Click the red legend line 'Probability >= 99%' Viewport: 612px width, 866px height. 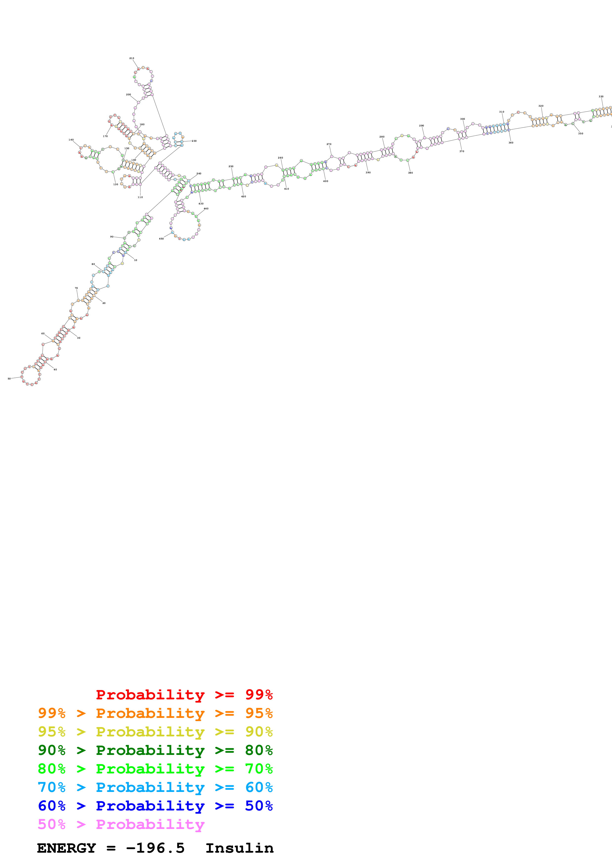pos(184,695)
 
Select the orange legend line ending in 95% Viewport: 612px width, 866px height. pos(155,713)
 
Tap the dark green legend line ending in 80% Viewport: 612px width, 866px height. pos(155,750)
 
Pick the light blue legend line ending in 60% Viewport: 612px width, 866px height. pos(155,787)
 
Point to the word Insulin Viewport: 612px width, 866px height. pos(239,848)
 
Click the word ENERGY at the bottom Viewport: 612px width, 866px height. pos(66,848)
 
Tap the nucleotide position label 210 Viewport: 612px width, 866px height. pos(132,59)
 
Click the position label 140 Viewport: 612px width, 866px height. pos(71,140)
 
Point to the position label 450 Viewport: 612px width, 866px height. pos(161,239)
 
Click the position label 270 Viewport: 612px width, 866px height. pos(329,144)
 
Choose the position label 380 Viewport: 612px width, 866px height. pos(410,173)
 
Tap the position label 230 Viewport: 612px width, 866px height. pos(194,141)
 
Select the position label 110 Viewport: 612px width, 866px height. pos(140,197)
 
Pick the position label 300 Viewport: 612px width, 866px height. pos(462,119)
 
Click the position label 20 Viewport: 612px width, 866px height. pos(104,303)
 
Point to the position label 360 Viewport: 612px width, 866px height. pos(511,143)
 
